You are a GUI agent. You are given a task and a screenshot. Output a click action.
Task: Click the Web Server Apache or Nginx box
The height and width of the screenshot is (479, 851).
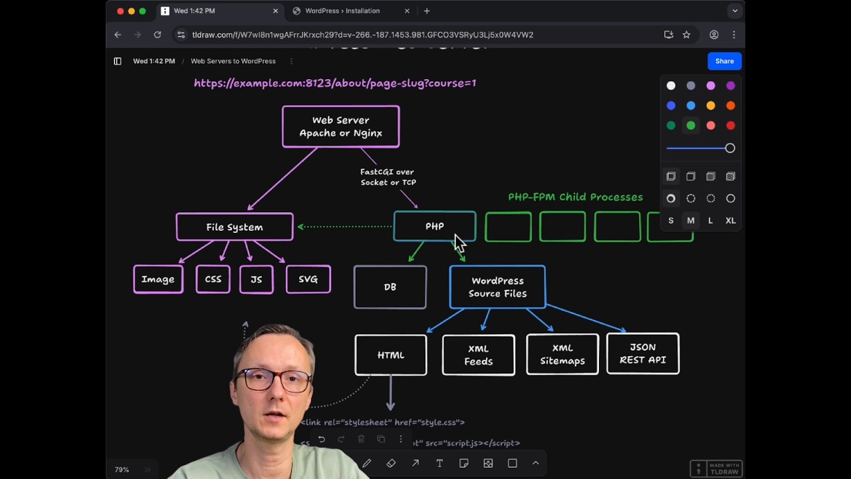coord(340,126)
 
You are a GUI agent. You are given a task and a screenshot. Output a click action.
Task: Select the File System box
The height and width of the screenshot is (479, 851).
coord(234,227)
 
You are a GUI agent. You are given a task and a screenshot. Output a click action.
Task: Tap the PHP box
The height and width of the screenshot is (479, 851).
coord(434,226)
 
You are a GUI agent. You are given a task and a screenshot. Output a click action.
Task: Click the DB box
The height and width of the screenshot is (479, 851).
coord(390,287)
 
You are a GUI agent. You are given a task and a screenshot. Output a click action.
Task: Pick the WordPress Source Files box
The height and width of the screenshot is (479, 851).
coord(497,287)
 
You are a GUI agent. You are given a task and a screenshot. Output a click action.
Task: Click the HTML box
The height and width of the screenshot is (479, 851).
coord(390,355)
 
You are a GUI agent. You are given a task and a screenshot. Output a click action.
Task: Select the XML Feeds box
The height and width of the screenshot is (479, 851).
coord(478,355)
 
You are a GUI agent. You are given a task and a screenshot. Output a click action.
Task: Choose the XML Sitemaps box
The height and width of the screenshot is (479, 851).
coord(562,355)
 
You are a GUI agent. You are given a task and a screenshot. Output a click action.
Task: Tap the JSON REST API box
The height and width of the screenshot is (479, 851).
coord(642,354)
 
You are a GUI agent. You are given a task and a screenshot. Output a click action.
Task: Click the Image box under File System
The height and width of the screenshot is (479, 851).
coord(158,279)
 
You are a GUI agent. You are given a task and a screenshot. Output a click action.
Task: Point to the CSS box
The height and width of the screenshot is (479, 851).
coord(213,279)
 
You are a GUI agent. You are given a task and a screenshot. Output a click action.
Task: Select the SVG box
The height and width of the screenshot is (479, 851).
coord(308,279)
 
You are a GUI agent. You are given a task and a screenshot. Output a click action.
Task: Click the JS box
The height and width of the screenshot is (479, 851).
coord(256,279)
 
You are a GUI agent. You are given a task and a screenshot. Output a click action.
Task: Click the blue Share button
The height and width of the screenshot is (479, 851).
coord(724,61)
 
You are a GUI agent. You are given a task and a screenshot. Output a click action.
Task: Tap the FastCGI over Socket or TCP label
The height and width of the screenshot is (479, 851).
coord(388,177)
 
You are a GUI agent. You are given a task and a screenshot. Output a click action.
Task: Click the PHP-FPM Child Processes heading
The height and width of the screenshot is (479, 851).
coord(575,197)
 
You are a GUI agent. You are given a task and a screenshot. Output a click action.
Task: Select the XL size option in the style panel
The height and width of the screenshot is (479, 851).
coord(730,221)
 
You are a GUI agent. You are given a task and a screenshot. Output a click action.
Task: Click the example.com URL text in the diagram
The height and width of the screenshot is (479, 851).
coord(334,83)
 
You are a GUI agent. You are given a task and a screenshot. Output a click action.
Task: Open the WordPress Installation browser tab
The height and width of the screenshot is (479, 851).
coord(342,11)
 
